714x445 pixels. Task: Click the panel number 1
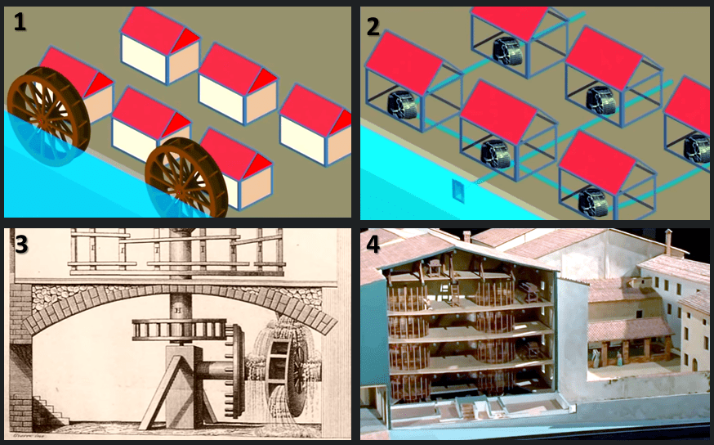pos(20,21)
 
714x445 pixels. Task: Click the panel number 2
pos(373,27)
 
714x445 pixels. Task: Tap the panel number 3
pos(21,245)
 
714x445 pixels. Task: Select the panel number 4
pos(373,245)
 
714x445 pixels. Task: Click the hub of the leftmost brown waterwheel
pos(42,120)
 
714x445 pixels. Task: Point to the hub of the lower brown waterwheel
pos(180,192)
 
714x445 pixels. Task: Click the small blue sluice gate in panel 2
pos(458,191)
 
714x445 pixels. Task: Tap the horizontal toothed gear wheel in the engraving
pos(179,329)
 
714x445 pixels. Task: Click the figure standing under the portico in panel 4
pos(619,358)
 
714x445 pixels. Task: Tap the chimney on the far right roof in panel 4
pos(668,241)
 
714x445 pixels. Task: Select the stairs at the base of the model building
pos(466,410)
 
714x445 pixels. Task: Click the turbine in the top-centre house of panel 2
pos(507,51)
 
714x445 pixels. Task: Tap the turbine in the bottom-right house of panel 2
pos(593,202)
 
